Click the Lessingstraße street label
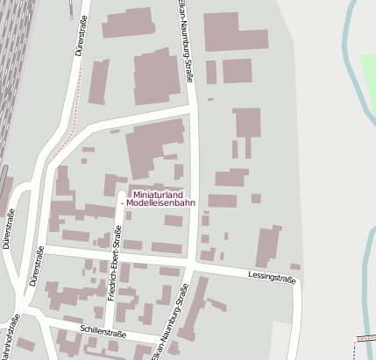(x=273, y=278)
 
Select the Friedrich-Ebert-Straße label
(x=114, y=263)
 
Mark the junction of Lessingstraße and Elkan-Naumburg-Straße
(x=190, y=263)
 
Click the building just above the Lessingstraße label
(x=269, y=245)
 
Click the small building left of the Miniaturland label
(x=110, y=185)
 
